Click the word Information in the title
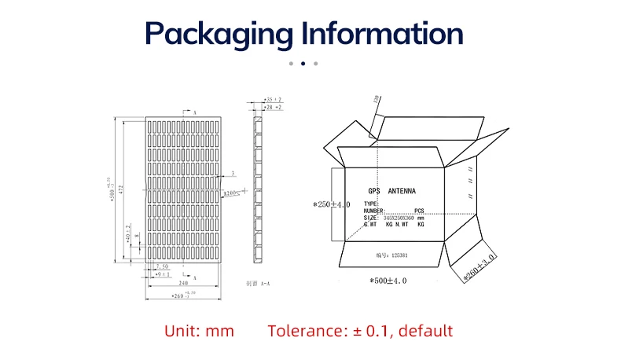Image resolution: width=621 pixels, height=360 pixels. point(383,34)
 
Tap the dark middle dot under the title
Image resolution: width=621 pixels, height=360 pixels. point(303,63)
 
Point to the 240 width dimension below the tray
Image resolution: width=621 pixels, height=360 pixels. point(183,282)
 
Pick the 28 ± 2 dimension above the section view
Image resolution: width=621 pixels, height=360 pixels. point(273,108)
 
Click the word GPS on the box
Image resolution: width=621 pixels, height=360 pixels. point(374,191)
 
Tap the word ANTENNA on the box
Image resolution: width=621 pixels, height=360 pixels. point(402,191)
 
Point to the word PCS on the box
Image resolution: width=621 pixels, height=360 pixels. point(419,211)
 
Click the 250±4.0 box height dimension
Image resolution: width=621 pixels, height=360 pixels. point(332,204)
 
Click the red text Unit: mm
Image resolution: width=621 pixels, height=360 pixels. point(199,331)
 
